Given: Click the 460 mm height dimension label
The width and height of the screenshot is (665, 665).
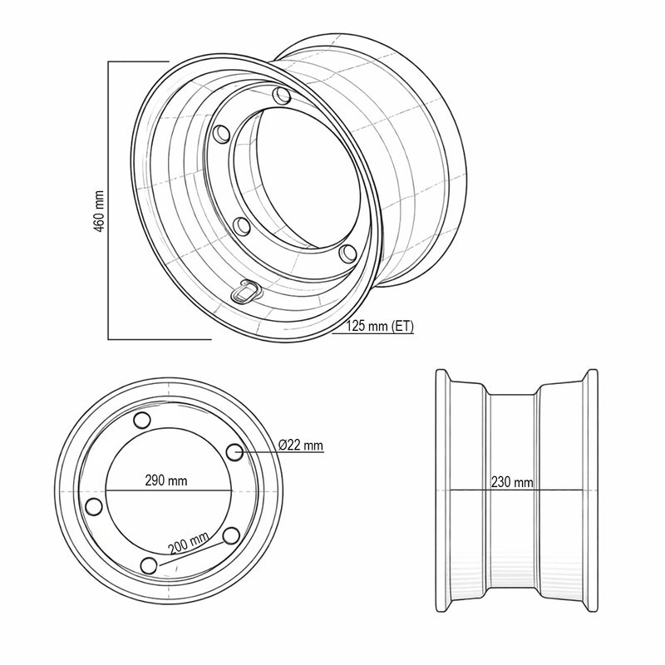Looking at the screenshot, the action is point(99,211).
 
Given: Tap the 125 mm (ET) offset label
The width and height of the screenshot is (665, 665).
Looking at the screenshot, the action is point(380,326).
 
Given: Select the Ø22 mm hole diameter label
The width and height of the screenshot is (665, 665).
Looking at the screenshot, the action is point(301,445).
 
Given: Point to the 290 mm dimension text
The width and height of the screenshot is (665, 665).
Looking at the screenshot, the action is point(165,480).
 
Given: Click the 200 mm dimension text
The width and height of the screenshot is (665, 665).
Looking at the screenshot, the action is point(189,543).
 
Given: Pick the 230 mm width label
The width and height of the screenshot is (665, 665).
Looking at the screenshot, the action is point(512,482).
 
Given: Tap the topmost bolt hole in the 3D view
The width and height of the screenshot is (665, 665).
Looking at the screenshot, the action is point(281,95).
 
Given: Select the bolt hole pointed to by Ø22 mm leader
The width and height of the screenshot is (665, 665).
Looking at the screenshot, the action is point(234,452).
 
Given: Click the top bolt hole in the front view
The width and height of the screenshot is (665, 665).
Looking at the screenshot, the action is point(142,420).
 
